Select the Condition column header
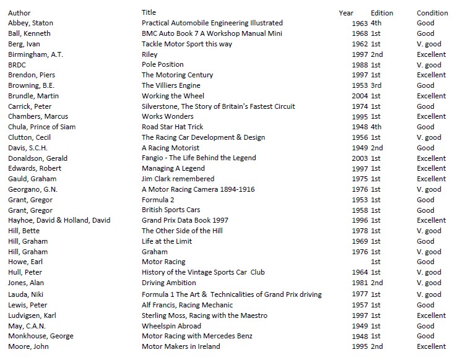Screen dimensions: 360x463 [x=432, y=13]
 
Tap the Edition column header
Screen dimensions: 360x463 [x=382, y=13]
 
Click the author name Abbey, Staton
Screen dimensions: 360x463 [x=30, y=23]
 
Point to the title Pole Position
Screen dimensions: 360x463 [x=163, y=64]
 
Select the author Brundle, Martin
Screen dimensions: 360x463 [x=33, y=96]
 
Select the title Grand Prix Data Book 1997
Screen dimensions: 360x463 [x=185, y=220]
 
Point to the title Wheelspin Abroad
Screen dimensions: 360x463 [x=171, y=326]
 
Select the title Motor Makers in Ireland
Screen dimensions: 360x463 [x=181, y=346]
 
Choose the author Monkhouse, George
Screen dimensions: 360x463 [x=40, y=336]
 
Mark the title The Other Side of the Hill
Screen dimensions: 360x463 [x=182, y=231]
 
